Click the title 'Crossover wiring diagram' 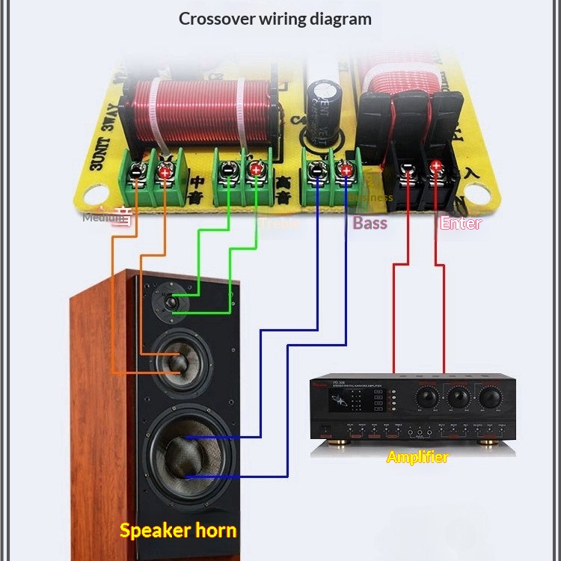275,19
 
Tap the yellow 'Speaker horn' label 178,531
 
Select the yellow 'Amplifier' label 417,456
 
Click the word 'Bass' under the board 370,222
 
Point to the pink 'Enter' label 461,222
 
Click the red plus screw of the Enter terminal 437,166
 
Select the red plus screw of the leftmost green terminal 164,172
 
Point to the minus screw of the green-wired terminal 227,171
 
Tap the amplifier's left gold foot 334,447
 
